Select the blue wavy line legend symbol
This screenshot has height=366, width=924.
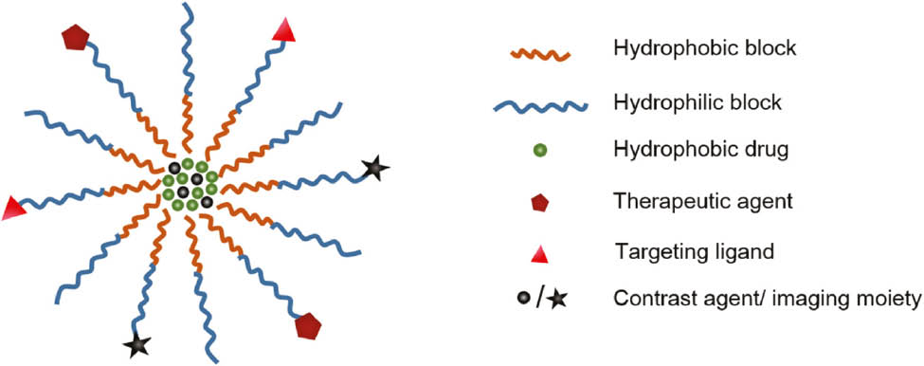531,101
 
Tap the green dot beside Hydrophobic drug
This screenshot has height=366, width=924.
531,150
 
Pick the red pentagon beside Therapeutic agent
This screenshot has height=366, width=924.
531,200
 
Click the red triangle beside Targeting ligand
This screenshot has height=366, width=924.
531,250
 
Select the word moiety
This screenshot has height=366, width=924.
880,301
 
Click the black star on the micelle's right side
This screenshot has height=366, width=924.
376,170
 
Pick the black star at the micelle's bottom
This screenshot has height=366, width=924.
138,345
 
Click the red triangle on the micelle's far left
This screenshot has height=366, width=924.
12,209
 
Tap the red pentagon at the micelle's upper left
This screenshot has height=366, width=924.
75,39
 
